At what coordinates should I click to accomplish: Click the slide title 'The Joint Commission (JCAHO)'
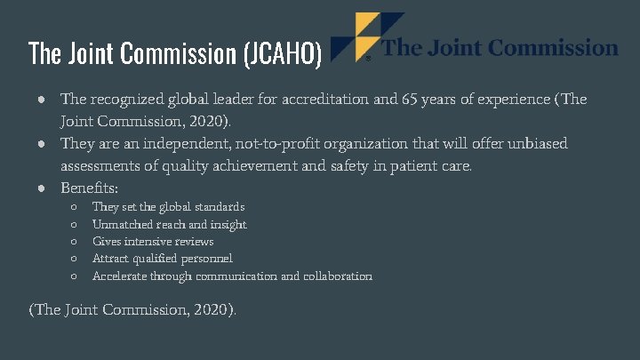tap(175, 54)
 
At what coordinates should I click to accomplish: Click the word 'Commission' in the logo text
tap(556, 47)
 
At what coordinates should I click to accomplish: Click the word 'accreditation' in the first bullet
tap(331, 100)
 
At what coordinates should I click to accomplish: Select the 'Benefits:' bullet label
tap(91, 188)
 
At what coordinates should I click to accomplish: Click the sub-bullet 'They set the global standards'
tap(168, 207)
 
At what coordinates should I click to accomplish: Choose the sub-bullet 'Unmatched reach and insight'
tap(169, 225)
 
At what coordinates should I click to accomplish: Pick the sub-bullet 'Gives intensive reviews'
tap(153, 242)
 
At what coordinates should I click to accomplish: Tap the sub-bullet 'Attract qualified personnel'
tap(162, 259)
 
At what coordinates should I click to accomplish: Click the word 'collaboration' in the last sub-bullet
tap(337, 276)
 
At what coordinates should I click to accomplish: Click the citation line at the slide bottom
tap(132, 309)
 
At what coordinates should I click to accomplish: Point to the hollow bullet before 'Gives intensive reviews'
tap(75, 242)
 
